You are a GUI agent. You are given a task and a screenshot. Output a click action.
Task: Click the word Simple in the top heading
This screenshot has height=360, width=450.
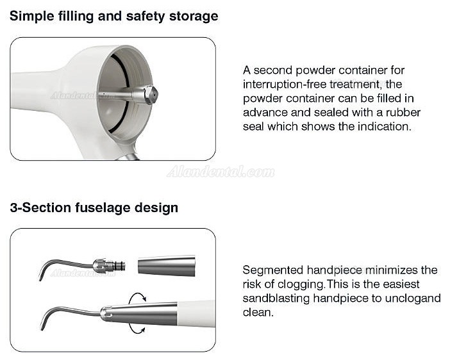pos(31,16)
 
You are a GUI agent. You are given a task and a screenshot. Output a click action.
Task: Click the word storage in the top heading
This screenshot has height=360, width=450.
pos(194,16)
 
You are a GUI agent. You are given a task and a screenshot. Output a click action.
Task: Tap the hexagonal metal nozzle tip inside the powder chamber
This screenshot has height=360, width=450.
pos(151,95)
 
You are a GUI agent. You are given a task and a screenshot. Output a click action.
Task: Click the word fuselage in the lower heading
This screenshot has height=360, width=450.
pos(103,208)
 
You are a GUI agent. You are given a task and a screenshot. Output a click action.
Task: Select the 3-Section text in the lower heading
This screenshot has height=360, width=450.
pos(40,208)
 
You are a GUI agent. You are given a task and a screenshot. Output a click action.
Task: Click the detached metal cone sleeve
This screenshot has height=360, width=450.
pos(167,266)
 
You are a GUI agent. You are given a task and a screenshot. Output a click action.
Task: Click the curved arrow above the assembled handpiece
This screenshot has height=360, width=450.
pos(137,297)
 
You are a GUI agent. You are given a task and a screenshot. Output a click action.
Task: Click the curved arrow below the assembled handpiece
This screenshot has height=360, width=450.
pos(137,329)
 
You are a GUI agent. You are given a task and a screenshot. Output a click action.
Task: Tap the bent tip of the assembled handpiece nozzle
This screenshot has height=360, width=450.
pos(43,327)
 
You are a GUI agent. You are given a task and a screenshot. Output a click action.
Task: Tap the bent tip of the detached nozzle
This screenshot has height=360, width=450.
pos(40,277)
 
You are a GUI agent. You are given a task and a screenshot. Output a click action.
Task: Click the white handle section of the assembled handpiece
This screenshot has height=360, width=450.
pos(196,313)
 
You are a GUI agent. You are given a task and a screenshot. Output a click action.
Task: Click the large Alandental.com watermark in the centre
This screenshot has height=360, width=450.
pos(221,172)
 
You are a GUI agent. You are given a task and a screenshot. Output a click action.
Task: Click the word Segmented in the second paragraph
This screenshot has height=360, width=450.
pos(272,270)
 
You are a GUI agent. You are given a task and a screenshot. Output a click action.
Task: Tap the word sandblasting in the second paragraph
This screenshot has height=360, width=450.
pos(276,299)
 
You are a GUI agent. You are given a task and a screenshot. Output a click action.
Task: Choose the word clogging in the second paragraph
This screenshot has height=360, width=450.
pos(302,284)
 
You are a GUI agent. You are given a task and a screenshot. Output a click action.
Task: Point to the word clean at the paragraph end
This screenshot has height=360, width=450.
pos(258,312)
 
